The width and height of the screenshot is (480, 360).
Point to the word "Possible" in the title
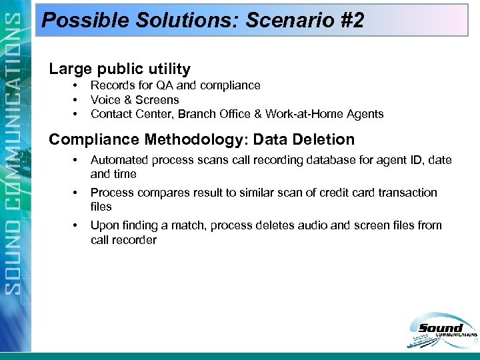87,21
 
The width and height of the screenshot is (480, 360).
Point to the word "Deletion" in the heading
322,139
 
